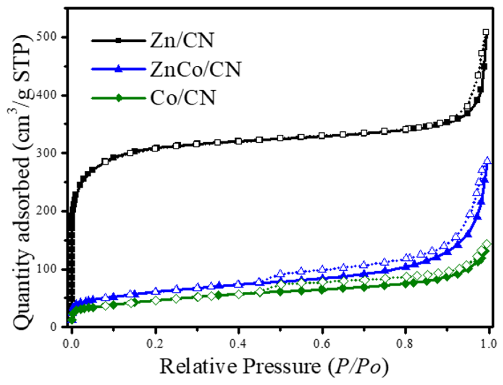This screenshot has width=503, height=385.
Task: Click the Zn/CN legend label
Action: point(182,41)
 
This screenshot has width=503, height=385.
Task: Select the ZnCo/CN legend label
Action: point(196,69)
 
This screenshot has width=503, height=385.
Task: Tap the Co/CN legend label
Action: point(183,98)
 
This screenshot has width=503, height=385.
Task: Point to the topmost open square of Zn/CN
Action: point(486,32)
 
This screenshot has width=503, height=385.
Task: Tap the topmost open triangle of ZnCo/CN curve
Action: point(487,160)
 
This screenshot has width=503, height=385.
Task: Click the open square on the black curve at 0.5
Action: point(280,138)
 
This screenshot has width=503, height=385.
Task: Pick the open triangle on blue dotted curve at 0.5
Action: point(280,273)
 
